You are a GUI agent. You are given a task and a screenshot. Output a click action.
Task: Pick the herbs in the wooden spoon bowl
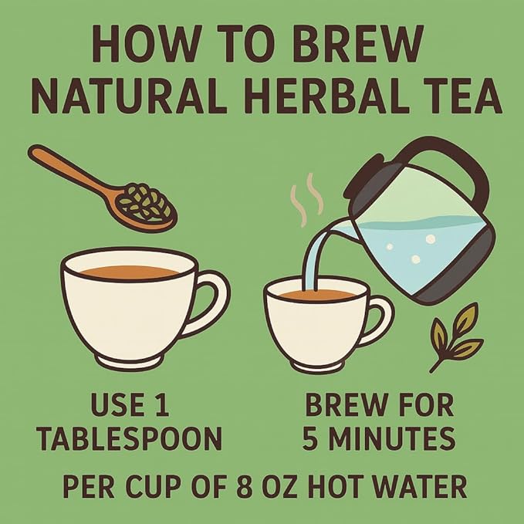click(148, 203)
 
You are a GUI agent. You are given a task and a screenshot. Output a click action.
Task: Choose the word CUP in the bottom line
click(161, 487)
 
